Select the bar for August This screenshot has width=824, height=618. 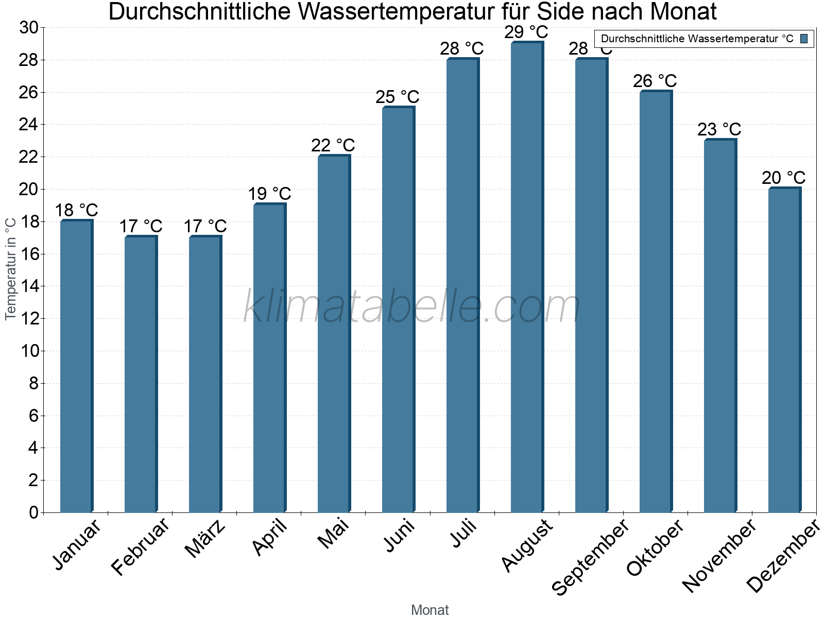526,278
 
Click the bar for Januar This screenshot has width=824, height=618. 76,366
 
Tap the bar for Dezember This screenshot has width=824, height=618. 784,350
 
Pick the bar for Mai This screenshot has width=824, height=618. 333,335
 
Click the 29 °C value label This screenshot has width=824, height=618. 526,32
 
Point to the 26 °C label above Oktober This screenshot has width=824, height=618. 655,81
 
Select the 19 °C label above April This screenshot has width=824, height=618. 269,194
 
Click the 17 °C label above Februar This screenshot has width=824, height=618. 141,226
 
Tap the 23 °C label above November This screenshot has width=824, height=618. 719,129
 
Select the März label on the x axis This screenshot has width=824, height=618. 205,539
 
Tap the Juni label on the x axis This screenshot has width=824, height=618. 399,536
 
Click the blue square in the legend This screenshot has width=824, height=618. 804,39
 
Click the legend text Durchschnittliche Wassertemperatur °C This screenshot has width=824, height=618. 697,39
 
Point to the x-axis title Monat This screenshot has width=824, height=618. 430,610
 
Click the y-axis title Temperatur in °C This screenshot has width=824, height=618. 11,268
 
